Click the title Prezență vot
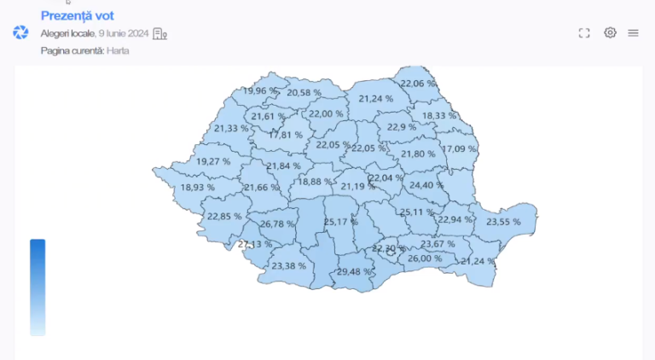[x=78, y=15]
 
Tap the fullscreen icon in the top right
[x=584, y=33]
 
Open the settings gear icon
[x=610, y=33]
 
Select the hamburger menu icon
[x=634, y=33]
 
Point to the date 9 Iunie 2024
[x=123, y=33]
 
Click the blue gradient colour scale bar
[x=38, y=287]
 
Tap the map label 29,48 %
[x=354, y=272]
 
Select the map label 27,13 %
[x=255, y=244]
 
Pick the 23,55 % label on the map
[x=503, y=222]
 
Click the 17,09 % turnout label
[x=459, y=149]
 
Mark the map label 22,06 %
[x=418, y=84]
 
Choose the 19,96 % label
[x=260, y=90]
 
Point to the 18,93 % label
[x=198, y=187]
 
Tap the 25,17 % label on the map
[x=341, y=223]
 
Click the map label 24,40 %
[x=426, y=185]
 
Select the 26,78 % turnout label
[x=277, y=224]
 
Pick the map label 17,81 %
[x=286, y=135]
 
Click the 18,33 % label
[x=439, y=115]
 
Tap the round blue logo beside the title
[x=20, y=32]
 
